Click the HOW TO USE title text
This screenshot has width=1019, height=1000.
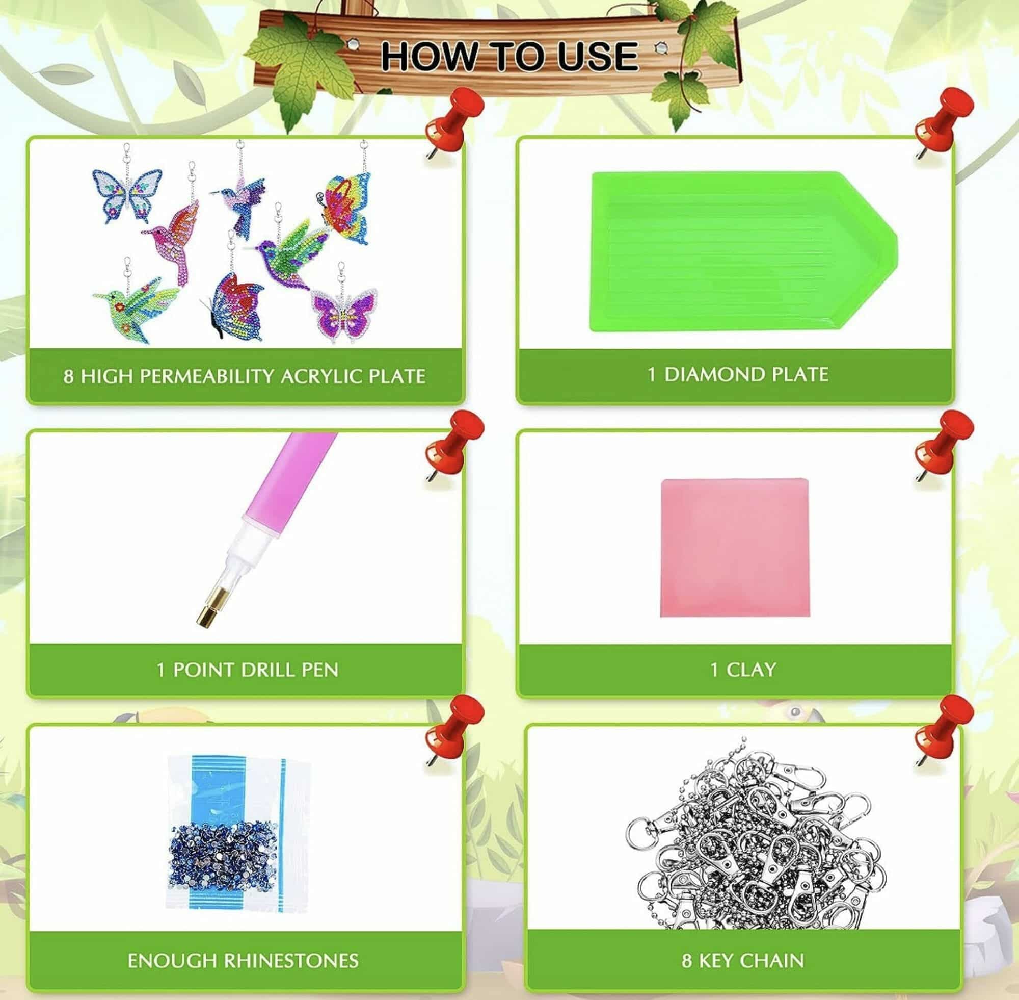(509, 56)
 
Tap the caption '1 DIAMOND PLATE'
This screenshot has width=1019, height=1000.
(738, 374)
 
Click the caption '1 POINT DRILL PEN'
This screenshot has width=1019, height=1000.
(247, 670)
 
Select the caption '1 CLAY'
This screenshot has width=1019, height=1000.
(742, 670)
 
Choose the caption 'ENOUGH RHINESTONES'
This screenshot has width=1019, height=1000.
(243, 961)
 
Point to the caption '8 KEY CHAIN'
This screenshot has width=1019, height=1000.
(742, 961)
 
